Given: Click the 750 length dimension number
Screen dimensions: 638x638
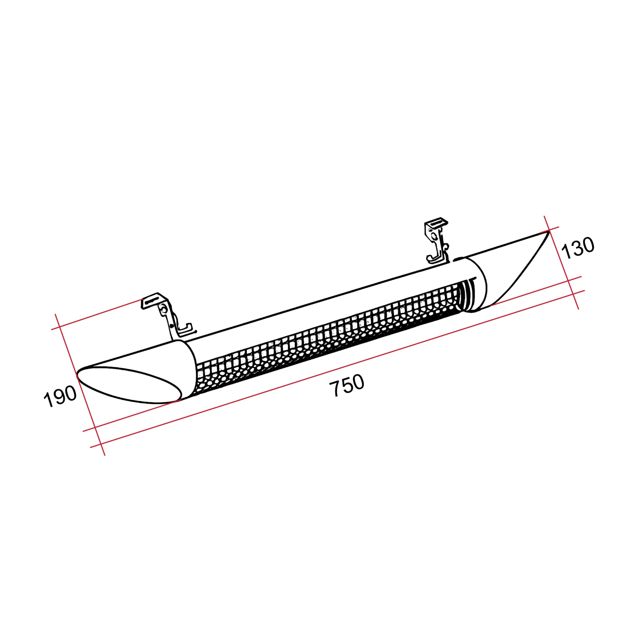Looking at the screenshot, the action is [x=347, y=385].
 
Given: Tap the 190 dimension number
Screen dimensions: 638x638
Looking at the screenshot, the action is [x=60, y=396].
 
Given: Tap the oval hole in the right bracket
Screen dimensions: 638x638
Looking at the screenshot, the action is [x=433, y=236].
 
